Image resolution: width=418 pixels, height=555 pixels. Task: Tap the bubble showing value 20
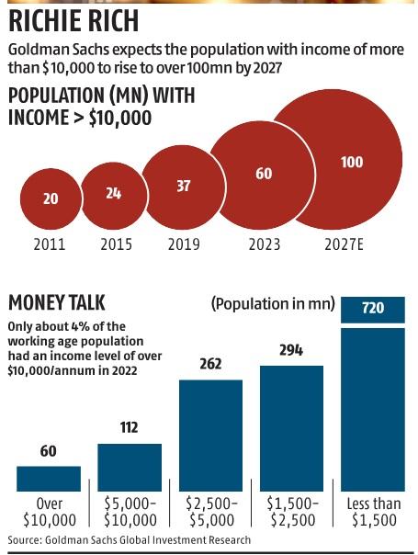coord(50,198)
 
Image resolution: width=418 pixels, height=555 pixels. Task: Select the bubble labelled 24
coord(112,194)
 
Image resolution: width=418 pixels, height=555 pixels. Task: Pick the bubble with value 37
coord(183,186)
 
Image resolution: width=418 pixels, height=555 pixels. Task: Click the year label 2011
coord(50,244)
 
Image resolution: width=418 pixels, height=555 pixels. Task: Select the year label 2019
coord(184,244)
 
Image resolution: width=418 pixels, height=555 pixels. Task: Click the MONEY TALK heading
coord(57,303)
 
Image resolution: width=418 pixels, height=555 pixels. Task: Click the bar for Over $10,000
coord(49,478)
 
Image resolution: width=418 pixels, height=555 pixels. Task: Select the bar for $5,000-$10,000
coord(130,467)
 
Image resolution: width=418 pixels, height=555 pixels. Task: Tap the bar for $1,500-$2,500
coord(291,427)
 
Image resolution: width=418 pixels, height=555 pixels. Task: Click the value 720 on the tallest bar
coord(373,309)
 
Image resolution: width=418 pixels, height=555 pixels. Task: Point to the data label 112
coord(130,427)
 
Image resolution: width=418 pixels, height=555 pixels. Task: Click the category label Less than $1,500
coord(373,513)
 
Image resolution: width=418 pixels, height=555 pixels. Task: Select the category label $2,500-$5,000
coord(210,513)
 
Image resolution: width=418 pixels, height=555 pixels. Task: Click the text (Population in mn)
coord(272,303)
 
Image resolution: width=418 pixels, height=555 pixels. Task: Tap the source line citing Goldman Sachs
coord(129,540)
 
